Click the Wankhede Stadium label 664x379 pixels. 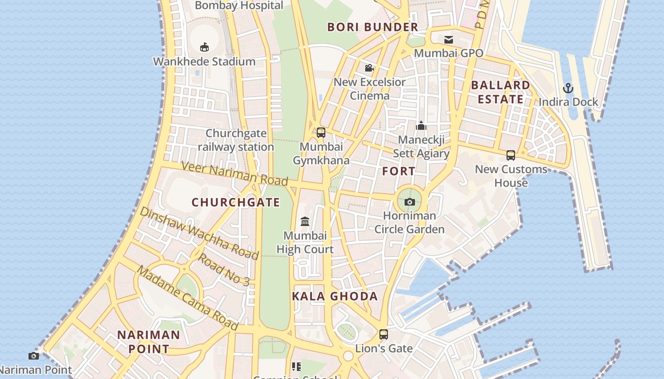(x=204, y=62)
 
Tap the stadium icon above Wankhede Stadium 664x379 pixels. (x=204, y=47)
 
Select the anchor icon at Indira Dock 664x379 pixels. (x=568, y=88)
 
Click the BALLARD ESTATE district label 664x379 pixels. (x=500, y=92)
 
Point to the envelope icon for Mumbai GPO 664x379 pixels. (x=449, y=39)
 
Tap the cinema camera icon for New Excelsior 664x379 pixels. (x=369, y=68)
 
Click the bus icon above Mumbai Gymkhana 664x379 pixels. (x=321, y=132)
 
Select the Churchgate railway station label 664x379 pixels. (x=236, y=140)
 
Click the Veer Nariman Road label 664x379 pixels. (x=235, y=173)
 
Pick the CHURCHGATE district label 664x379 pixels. (x=236, y=202)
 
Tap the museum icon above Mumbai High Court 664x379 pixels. (x=305, y=221)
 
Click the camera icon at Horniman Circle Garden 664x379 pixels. (x=410, y=202)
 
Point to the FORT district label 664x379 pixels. (x=399, y=171)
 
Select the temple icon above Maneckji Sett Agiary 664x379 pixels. (x=421, y=126)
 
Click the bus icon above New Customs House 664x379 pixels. (x=511, y=155)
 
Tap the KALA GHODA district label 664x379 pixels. (x=335, y=297)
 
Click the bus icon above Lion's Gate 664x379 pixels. (x=384, y=334)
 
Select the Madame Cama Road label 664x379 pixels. (x=188, y=298)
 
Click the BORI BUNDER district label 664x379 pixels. (x=373, y=27)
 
